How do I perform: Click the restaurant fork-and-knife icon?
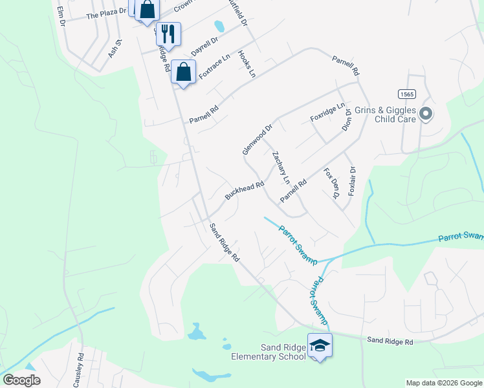pos(168,34)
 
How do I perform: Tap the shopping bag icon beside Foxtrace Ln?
pos(184,72)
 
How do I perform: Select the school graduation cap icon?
pos(320,346)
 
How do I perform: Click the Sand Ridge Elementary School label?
pos(269,352)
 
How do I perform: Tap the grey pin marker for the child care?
pos(425,114)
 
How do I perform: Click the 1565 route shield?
pos(406,94)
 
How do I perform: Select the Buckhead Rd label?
pos(245,189)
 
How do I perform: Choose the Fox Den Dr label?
pos(331,183)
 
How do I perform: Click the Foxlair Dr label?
pos(352,182)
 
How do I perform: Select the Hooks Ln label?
pos(247,64)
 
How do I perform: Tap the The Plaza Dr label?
pos(105,14)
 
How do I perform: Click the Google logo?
pos(21,380)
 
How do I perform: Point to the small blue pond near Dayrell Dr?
pos(219,27)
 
